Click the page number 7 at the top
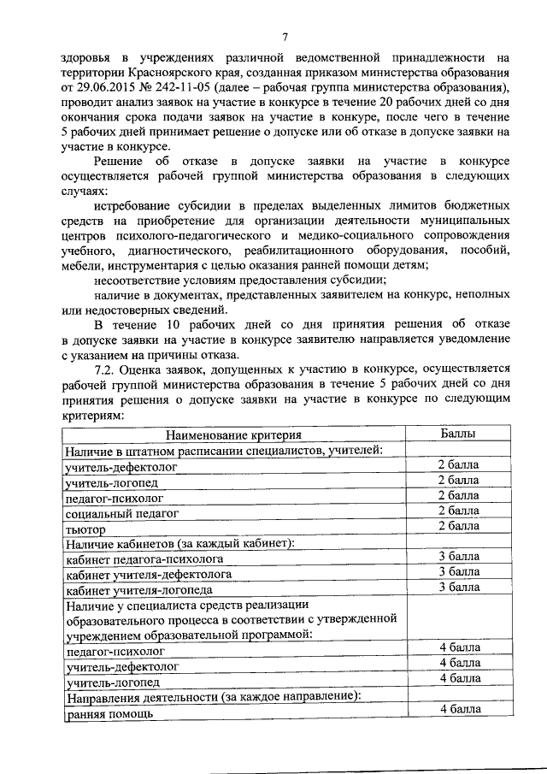pos(286,36)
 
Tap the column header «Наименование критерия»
pos(233,435)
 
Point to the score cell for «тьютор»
pos(458,525)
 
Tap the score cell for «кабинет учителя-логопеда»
pos(459,587)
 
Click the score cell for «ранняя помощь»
pos(460,709)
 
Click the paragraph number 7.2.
pos(105,369)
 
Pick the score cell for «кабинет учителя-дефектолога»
pos(459,570)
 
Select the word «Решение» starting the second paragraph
pos(119,162)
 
